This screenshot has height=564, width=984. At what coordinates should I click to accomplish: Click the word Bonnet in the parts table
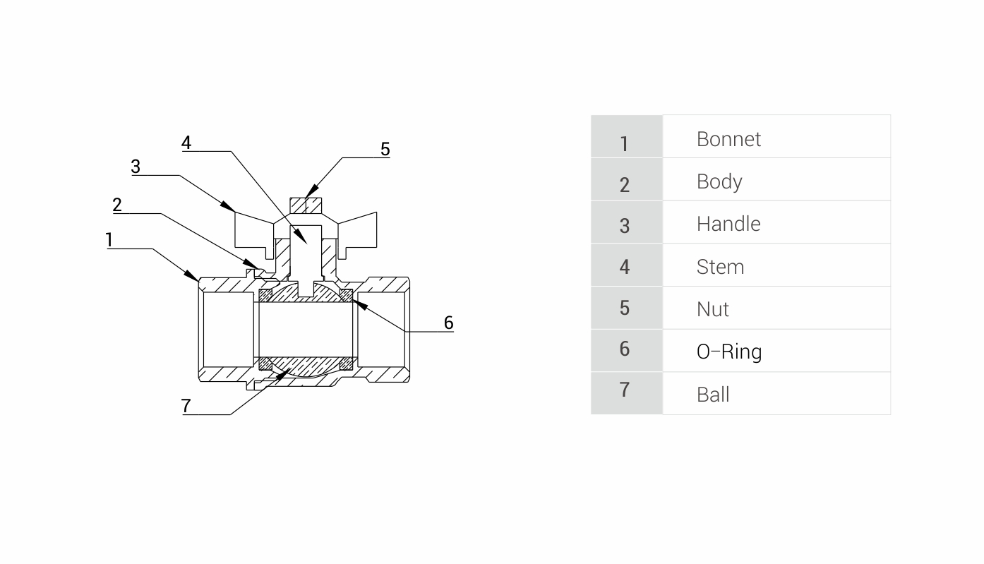(728, 139)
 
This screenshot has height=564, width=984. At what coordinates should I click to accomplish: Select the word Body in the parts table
(719, 181)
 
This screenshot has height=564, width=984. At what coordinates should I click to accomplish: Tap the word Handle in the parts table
(728, 224)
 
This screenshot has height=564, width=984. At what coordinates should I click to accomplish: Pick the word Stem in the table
(720, 267)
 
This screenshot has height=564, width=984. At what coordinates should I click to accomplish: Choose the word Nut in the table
(712, 309)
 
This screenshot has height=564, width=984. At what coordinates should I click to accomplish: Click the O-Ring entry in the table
(728, 352)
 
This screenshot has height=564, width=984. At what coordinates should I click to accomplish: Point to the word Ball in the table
(713, 394)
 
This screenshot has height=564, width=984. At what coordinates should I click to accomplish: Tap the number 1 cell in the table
(625, 143)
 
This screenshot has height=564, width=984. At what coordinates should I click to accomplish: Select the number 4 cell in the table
(625, 267)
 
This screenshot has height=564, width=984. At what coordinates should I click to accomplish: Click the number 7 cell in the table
(625, 390)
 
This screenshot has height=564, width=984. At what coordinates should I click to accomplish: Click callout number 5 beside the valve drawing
(385, 149)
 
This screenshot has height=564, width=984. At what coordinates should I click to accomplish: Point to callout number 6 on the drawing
(448, 323)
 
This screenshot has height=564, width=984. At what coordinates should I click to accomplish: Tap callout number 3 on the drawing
(136, 167)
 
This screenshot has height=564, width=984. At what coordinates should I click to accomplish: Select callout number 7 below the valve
(186, 406)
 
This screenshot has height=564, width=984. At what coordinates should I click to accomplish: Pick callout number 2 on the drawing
(117, 205)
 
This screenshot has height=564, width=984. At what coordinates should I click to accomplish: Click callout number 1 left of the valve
(109, 240)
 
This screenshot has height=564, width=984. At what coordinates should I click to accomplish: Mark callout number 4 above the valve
(186, 143)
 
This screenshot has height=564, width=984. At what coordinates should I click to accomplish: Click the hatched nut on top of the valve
(306, 205)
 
